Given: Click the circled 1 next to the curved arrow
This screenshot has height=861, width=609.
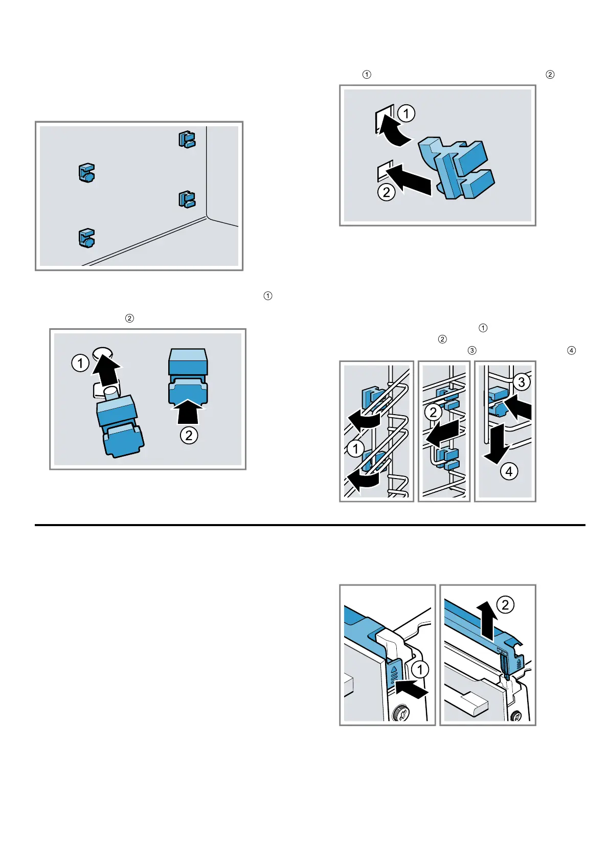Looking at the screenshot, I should point(406,113).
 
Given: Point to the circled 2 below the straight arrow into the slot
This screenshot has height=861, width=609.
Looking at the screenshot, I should point(386,192).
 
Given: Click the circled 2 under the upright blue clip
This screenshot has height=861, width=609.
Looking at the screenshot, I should point(189,435).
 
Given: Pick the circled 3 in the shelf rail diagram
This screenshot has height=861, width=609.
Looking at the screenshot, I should point(521,381).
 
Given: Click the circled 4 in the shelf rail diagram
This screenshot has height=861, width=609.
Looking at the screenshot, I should point(509,471).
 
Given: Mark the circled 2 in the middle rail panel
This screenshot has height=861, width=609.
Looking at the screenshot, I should point(433,412).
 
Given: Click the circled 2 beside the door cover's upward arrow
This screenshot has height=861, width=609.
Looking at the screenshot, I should point(505,605).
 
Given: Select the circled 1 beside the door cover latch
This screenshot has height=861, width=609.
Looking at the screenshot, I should point(420,669).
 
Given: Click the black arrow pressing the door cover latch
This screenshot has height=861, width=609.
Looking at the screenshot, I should point(412,691).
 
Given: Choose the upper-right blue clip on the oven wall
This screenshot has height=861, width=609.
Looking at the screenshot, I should point(187,140).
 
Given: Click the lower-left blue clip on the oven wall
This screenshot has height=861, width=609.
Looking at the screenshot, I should point(86,238).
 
